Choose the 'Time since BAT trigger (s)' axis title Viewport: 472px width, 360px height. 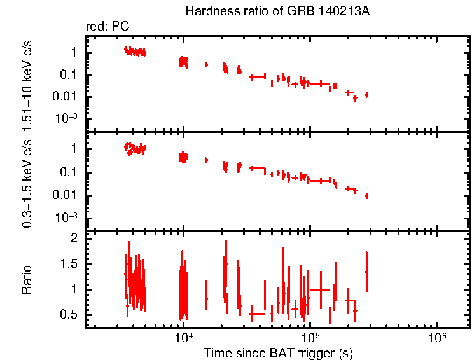coord(278,352)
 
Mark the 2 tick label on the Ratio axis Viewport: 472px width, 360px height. coord(74,238)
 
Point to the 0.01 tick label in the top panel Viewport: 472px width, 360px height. coord(66,97)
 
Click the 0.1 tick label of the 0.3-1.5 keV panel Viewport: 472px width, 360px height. coord(69,172)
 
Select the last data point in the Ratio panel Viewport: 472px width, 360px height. coord(366,272)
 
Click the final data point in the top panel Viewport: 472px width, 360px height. coord(366,95)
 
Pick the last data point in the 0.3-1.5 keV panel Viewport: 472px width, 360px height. coord(366,196)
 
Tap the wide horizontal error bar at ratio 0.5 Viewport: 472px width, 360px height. coord(257,314)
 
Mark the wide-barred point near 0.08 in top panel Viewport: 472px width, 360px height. coord(257,77)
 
